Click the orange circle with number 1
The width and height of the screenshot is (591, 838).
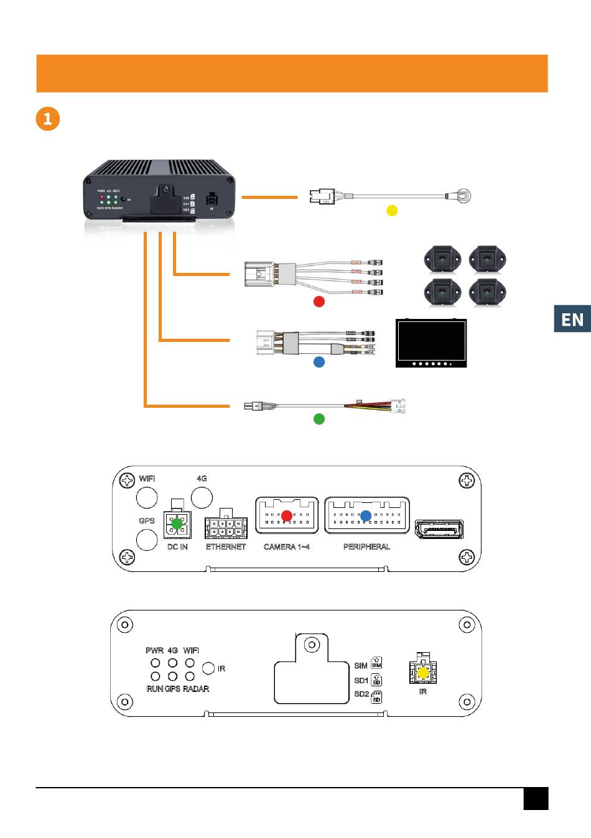[x=48, y=118]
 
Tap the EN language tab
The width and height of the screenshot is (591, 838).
[x=572, y=319]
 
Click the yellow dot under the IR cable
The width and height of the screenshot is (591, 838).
[x=392, y=210]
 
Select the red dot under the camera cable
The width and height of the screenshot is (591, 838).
[x=319, y=302]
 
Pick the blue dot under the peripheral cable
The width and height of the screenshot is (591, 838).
[x=319, y=361]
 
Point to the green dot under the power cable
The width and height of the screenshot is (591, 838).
[x=319, y=419]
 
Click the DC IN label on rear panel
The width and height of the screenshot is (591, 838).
[x=177, y=547]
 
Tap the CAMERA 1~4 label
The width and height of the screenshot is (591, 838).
[x=286, y=547]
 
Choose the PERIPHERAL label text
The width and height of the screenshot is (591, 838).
[x=366, y=547]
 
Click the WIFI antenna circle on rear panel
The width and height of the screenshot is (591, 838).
[x=147, y=497]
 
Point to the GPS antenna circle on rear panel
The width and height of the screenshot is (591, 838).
[x=147, y=539]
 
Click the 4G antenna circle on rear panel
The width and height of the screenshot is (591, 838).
[x=202, y=497]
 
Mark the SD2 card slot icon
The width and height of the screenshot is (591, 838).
[x=376, y=697]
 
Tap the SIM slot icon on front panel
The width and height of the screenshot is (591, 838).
[x=376, y=663]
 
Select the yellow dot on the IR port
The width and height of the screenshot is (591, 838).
[x=423, y=673]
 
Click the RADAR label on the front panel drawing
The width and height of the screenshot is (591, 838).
[x=196, y=689]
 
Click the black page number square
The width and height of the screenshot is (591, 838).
[x=536, y=799]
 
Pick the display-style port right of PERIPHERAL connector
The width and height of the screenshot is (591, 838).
[x=439, y=529]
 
